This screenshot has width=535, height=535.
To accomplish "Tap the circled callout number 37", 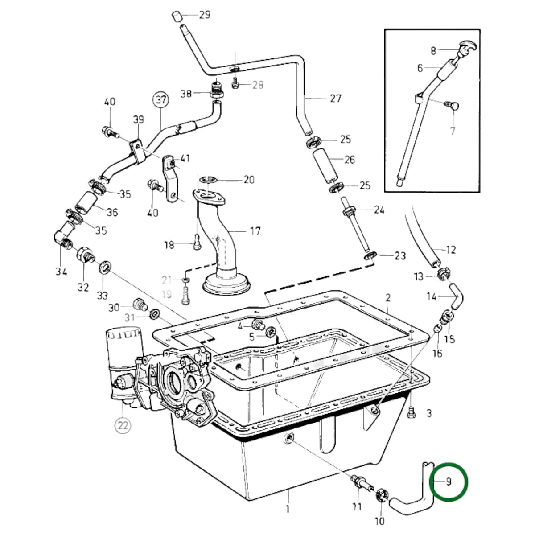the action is (161, 100).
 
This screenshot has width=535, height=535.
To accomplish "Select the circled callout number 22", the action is (123, 425).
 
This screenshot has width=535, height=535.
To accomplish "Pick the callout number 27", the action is (336, 99).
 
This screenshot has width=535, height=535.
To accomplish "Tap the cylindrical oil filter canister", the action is (124, 353).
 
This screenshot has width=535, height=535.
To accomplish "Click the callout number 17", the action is (255, 231).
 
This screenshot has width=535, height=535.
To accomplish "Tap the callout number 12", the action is (451, 250).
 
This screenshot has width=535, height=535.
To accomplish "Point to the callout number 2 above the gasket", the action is (388, 298).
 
